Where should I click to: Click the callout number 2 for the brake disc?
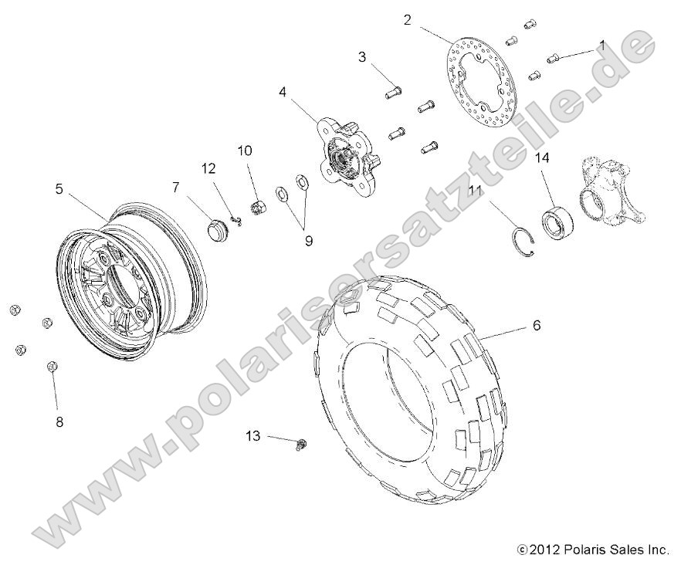point(407,20)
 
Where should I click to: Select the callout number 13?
point(254,436)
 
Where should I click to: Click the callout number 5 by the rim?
point(58,188)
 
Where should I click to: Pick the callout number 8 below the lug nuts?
point(58,421)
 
